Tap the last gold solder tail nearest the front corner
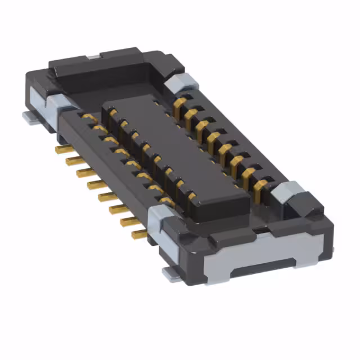click(x=138, y=233)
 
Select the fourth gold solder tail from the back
click(x=94, y=184)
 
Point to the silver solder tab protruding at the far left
click(x=28, y=117)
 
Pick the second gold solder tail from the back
click(x=73, y=161)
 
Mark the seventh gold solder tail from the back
click(x=127, y=220)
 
